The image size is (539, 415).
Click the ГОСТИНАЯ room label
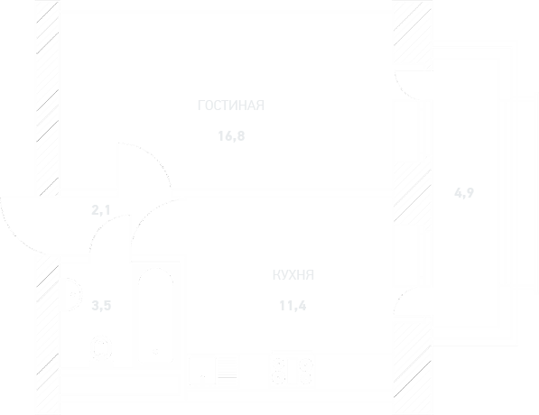[x=231, y=106]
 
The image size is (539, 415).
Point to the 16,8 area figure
[x=231, y=136]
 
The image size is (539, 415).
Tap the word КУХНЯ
[x=293, y=275]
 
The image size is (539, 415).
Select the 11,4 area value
[x=293, y=306]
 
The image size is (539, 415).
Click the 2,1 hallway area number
[x=101, y=209]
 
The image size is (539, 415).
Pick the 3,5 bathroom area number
[x=101, y=305]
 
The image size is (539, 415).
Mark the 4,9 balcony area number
[x=464, y=193]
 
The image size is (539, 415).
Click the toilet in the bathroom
[x=102, y=348]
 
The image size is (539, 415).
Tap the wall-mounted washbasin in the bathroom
[x=72, y=294]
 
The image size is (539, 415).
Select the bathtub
[x=156, y=315]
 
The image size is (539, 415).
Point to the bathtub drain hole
[x=155, y=352]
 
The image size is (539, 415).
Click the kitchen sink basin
[x=201, y=371]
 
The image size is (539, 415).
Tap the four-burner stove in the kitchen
[x=293, y=370]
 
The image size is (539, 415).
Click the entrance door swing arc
[x=14, y=234]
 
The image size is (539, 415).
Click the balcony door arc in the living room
[x=403, y=92]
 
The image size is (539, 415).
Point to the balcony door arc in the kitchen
[x=402, y=295]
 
